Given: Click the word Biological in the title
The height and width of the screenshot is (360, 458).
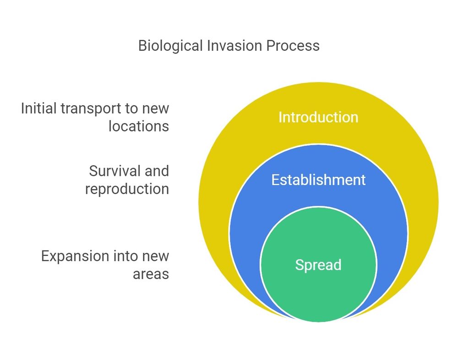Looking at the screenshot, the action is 170,46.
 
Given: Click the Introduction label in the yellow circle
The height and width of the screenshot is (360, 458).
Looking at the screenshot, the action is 318,117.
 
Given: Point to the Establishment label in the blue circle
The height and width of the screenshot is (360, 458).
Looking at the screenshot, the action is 318,180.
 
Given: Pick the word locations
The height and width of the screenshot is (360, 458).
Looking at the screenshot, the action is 139,126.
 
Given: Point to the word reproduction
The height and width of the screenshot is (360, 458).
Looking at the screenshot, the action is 127,190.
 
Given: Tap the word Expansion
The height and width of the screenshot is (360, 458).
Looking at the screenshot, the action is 75,257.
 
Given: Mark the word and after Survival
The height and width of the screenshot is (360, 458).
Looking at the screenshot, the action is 157,171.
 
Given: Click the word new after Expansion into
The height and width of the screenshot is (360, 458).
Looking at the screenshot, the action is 156,257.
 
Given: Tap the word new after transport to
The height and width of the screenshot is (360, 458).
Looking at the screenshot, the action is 156,109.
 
